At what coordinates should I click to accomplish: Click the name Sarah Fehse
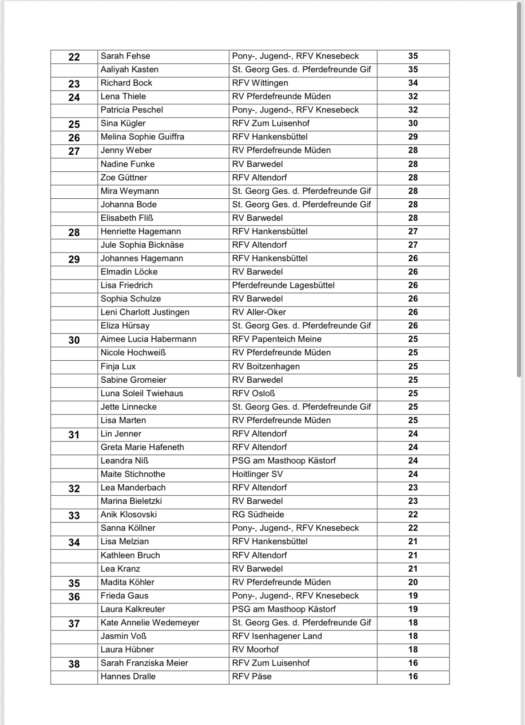(125, 56)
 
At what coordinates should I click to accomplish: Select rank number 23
(74, 83)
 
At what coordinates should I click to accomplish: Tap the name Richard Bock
(126, 83)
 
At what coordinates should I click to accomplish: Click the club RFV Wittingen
(260, 83)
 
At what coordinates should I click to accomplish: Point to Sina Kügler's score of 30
(413, 123)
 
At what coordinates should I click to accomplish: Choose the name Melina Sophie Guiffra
(142, 137)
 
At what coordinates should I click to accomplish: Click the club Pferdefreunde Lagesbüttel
(283, 285)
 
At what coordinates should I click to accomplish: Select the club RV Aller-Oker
(259, 312)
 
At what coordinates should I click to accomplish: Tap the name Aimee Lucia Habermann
(148, 339)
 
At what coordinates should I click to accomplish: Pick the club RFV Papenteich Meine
(276, 339)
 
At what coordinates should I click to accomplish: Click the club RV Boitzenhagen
(266, 367)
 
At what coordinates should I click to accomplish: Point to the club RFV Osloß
(254, 393)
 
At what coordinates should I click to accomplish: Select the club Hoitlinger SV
(257, 474)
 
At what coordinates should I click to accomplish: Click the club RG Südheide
(258, 515)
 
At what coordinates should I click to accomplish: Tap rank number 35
(74, 583)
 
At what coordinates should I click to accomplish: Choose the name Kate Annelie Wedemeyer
(150, 623)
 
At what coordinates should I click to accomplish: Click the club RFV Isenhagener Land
(277, 636)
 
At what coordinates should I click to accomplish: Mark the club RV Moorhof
(255, 650)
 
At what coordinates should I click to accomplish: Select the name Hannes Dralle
(128, 677)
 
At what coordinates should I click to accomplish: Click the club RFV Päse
(252, 677)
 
